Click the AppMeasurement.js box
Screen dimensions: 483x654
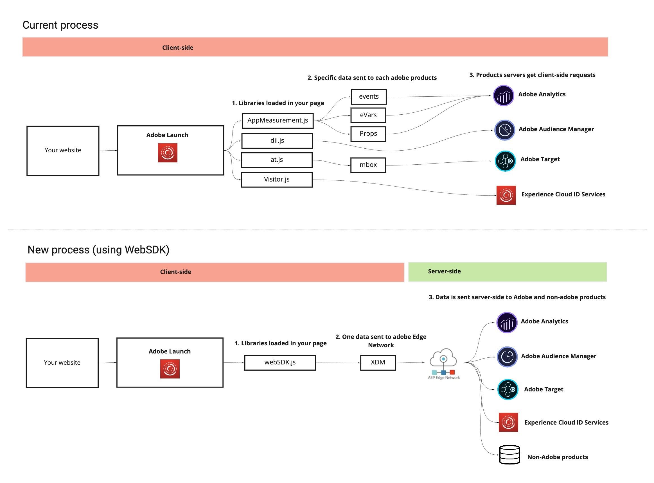[x=278, y=121]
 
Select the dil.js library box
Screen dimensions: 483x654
[x=277, y=141]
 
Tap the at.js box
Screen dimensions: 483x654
[x=277, y=160]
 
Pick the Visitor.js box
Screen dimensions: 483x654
[x=277, y=180]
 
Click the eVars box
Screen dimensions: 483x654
[x=368, y=115]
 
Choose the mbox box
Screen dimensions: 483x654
[x=368, y=165]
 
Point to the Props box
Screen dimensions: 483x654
[x=368, y=134]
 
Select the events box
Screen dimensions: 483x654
[x=369, y=97]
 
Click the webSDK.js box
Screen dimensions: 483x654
[x=280, y=363]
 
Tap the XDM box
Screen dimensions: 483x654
[x=378, y=363]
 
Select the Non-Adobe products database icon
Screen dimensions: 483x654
[x=509, y=455]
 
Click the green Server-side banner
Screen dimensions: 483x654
[x=508, y=272]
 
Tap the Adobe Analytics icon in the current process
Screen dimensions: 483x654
[x=503, y=96]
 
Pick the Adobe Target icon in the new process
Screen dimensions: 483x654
[x=508, y=389]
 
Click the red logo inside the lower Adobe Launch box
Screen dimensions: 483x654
[x=170, y=369]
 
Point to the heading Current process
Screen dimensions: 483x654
[x=60, y=25]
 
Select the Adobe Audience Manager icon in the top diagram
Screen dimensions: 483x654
[x=504, y=130]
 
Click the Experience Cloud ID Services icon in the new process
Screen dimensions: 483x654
[x=508, y=423]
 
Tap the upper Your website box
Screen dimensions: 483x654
[x=63, y=151]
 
